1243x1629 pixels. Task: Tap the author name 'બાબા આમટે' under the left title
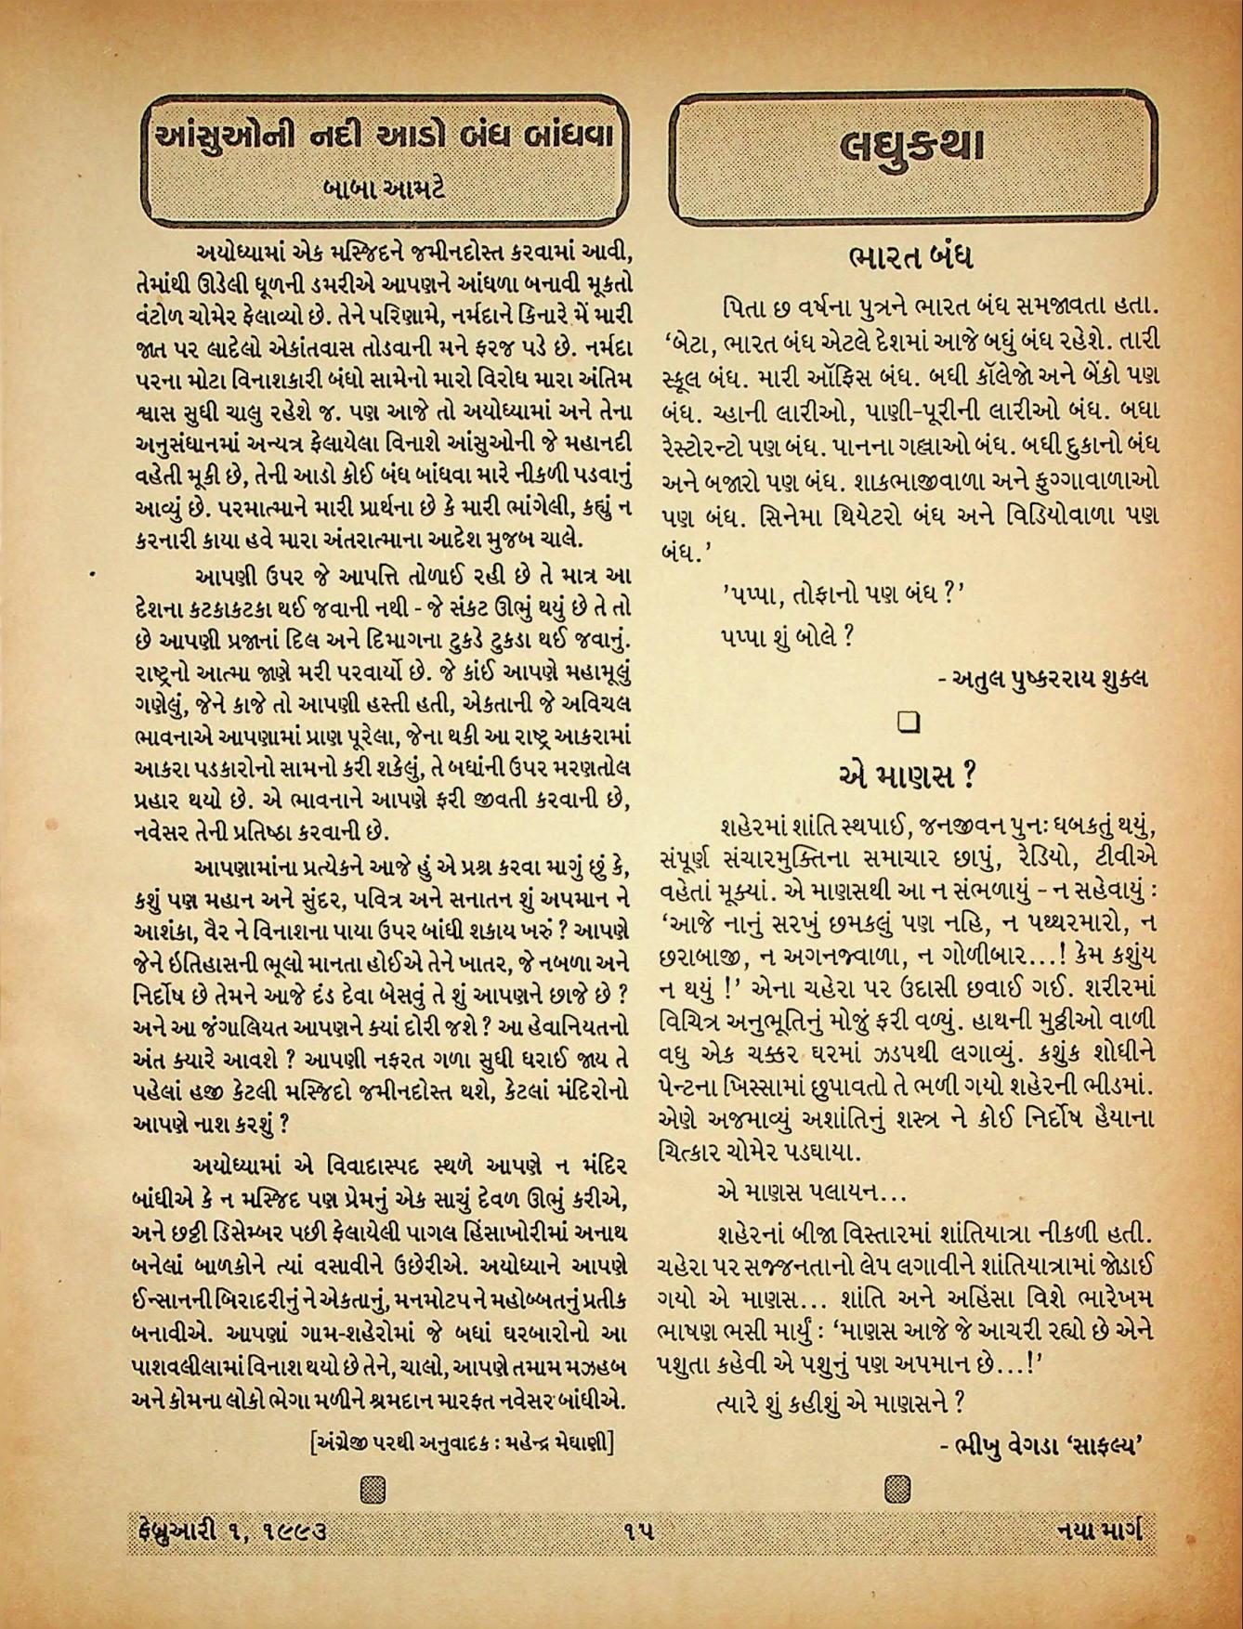tap(384, 189)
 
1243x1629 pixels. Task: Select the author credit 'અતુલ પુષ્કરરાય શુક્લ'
tap(1041, 678)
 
